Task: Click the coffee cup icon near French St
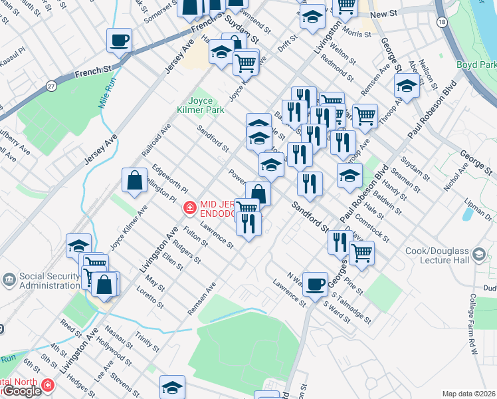coord(120,41)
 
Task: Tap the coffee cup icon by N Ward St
coord(315,283)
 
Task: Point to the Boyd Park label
coord(476,65)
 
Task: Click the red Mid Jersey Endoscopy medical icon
coord(189,209)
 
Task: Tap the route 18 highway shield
coord(442,22)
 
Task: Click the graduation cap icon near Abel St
coord(407,84)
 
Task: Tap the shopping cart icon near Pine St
coord(361,253)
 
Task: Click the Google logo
coord(21,391)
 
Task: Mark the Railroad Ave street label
coord(156,140)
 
